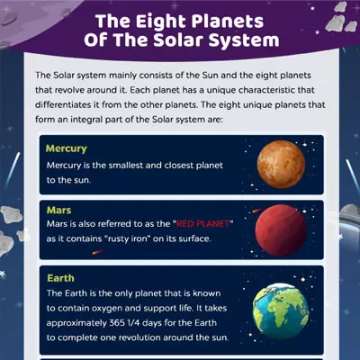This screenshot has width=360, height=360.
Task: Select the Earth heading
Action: pos(61,278)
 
